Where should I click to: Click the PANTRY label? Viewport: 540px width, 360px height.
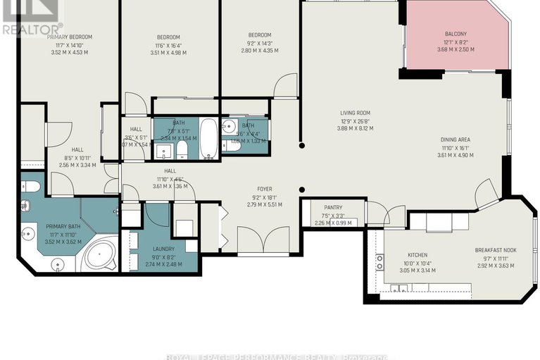click(x=332, y=207)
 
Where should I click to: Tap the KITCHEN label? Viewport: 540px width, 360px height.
click(x=417, y=255)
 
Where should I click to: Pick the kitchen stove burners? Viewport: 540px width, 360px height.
click(x=379, y=262)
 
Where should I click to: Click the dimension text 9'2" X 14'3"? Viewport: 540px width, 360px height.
click(x=259, y=43)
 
